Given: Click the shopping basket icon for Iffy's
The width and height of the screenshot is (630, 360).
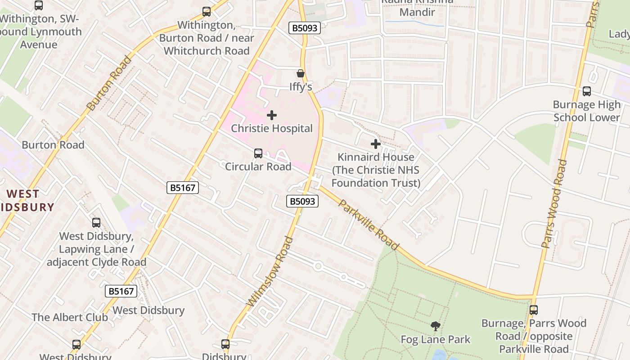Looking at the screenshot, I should [x=300, y=73].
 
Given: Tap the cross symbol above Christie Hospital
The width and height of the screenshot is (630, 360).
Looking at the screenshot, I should [x=272, y=115].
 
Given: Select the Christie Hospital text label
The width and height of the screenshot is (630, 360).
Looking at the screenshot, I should [x=272, y=129].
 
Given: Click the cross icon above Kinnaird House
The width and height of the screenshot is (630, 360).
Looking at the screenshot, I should [x=376, y=144].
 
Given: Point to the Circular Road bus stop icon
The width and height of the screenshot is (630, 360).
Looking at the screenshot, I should [x=258, y=153].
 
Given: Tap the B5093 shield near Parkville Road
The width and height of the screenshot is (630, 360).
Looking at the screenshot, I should [x=302, y=201].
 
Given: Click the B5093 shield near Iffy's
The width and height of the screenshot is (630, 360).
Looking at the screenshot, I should [x=305, y=28].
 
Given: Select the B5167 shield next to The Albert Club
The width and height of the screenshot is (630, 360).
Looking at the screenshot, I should [x=121, y=291].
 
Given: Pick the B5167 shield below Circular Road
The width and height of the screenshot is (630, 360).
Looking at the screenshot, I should [x=183, y=188].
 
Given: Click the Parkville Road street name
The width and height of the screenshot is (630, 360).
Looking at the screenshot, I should [x=368, y=225].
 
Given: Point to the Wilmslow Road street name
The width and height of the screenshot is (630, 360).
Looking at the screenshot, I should [x=270, y=272].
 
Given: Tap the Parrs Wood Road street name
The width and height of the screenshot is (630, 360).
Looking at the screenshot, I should [x=553, y=203].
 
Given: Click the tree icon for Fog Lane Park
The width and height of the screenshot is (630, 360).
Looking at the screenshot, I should [x=435, y=326].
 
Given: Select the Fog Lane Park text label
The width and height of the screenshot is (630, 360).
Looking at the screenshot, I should [x=435, y=339].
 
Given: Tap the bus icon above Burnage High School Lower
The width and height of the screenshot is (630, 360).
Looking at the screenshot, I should [x=587, y=91].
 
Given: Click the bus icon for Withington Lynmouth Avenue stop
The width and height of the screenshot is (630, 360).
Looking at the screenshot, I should [x=39, y=5].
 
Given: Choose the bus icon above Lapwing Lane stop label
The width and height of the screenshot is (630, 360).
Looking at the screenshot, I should [x=96, y=222].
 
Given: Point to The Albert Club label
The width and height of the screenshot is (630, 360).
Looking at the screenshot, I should [x=70, y=317].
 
